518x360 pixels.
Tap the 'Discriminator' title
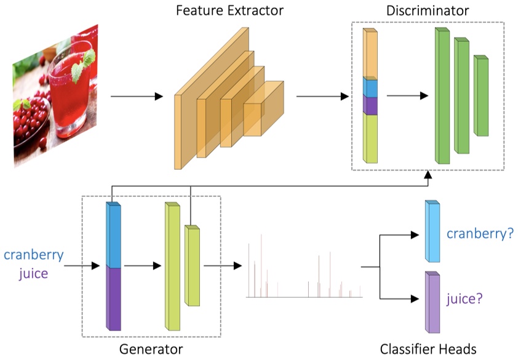pos(428,10)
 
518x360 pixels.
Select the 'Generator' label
pos(151,350)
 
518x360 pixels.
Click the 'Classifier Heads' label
pos(428,350)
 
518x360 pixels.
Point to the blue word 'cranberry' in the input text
pos(33,255)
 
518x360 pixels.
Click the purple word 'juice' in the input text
pos(33,273)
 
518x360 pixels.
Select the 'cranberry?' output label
pos(480,234)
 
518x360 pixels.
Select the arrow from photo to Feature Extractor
pos(137,97)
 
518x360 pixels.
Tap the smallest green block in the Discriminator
pos(481,97)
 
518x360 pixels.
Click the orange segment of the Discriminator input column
pos(370,54)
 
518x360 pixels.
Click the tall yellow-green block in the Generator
pos(172,268)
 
